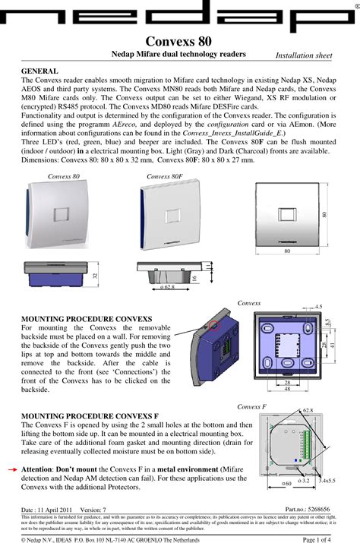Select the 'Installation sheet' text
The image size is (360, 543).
tap(304, 55)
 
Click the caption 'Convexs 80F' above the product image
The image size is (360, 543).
tap(164, 176)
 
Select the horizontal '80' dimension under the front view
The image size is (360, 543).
tap(287, 250)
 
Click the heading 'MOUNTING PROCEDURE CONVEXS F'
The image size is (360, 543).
tap(90, 417)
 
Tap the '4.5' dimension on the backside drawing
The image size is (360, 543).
tap(318, 307)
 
